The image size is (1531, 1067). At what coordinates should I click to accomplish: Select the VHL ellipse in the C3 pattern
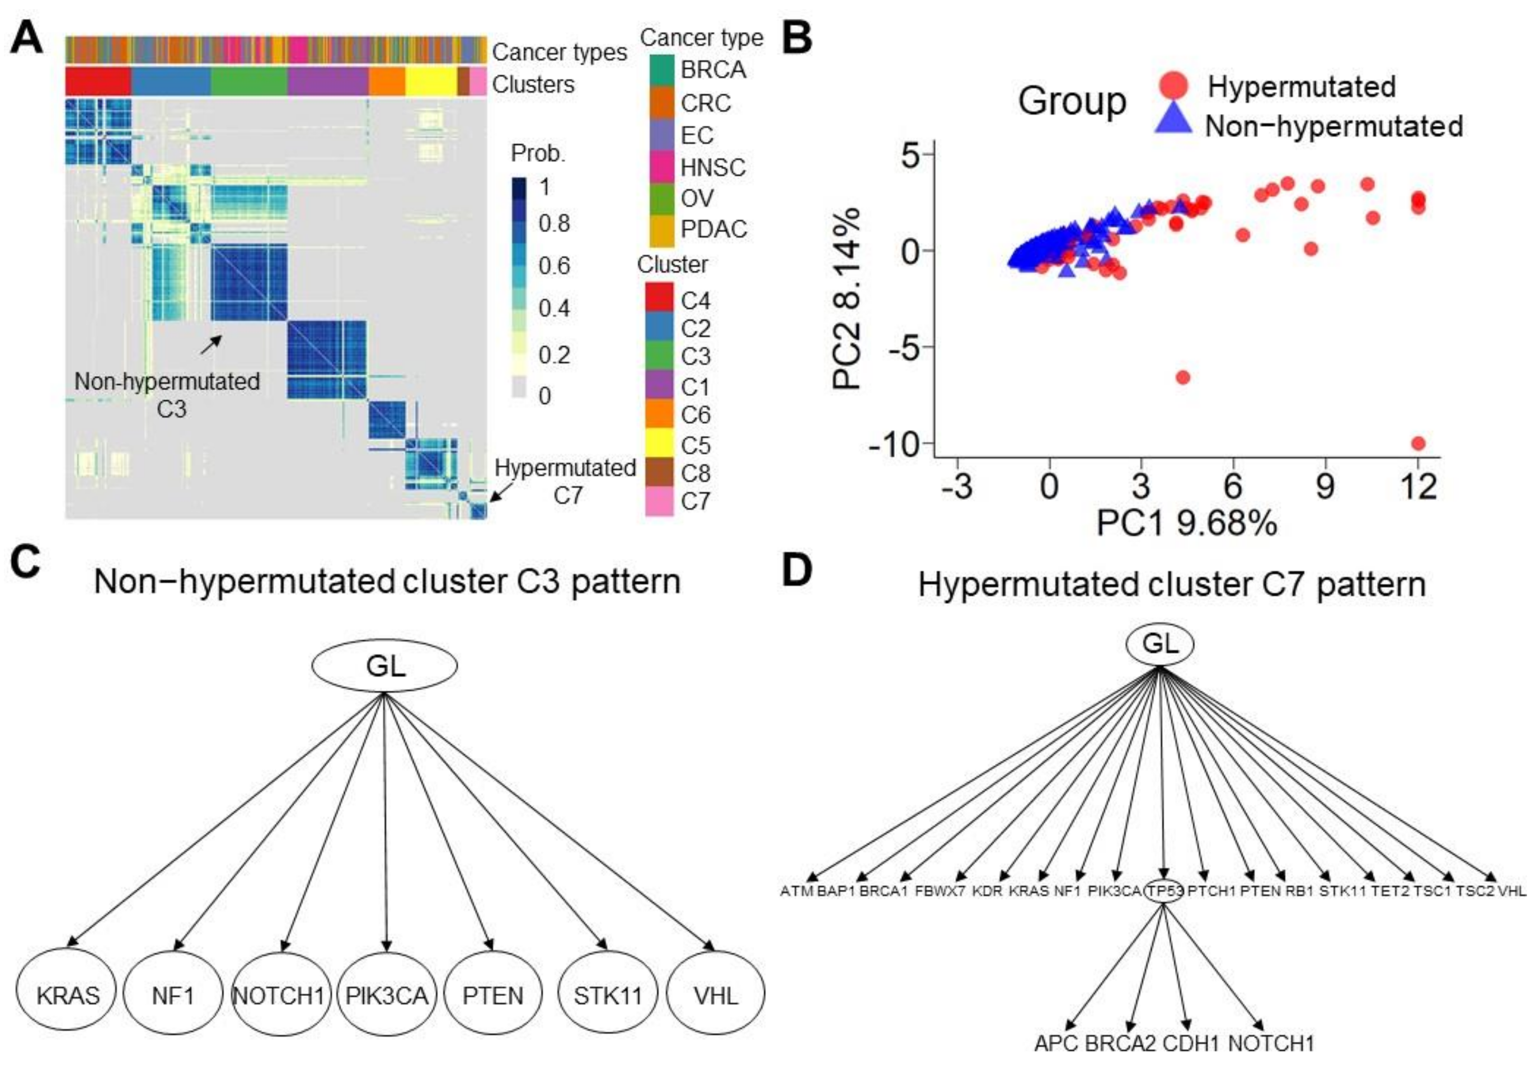pyautogui.click(x=716, y=995)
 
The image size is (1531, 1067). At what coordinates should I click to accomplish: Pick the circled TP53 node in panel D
pyautogui.click(x=1163, y=890)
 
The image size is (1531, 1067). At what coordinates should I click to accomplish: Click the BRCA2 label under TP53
pyautogui.click(x=1120, y=1043)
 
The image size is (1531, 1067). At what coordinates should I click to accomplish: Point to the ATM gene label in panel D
pyautogui.click(x=796, y=891)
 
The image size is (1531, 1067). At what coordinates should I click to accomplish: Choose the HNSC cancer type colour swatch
pyautogui.click(x=660, y=167)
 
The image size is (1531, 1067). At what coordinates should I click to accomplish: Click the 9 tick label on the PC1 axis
pyautogui.click(x=1325, y=487)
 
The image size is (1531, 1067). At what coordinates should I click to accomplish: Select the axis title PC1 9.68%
pyautogui.click(x=1186, y=523)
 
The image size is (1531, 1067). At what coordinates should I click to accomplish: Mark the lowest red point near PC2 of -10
pyautogui.click(x=1419, y=443)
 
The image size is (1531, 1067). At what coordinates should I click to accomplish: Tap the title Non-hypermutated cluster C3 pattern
pyautogui.click(x=387, y=582)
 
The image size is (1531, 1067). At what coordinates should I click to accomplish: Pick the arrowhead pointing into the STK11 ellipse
pyautogui.click(x=604, y=946)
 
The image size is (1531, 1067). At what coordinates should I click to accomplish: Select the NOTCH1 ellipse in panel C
pyautogui.click(x=280, y=995)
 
